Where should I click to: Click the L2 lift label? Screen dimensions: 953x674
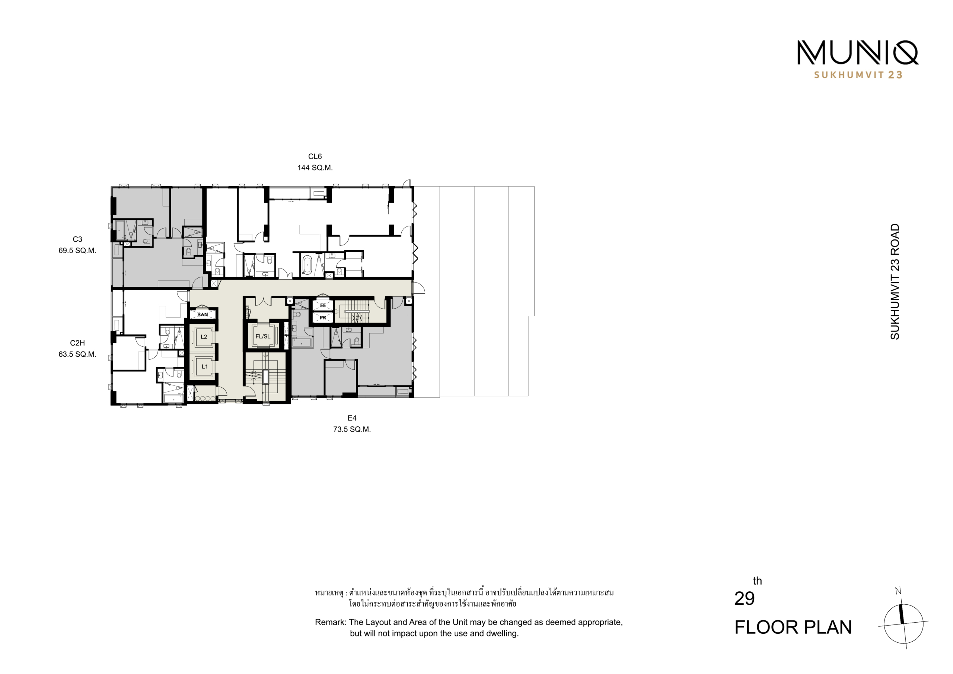pos(204,337)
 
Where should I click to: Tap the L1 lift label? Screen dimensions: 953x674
pos(205,367)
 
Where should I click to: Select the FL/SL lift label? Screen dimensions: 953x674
pos(263,336)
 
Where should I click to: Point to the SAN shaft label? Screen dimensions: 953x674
pos(203,315)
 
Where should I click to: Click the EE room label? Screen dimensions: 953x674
pos(323,306)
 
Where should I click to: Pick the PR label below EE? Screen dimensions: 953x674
pos(323,318)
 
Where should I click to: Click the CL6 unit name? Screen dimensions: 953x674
pos(315,156)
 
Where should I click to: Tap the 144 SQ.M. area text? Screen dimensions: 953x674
pos(315,168)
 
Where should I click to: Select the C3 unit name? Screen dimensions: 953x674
pos(77,239)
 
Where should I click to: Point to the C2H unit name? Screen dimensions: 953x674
pos(77,343)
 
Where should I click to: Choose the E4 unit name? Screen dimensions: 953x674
pos(352,418)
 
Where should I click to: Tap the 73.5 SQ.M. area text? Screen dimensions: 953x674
pos(352,429)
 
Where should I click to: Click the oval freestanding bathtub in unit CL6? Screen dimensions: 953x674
pos(307,265)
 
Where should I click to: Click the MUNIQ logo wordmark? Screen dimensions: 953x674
pos(858,53)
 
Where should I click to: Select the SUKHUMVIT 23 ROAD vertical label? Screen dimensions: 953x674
pos(895,282)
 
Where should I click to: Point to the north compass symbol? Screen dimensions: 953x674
pos(903,619)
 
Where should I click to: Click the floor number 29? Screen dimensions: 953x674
pos(744,598)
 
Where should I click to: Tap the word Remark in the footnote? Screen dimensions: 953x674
pos(331,622)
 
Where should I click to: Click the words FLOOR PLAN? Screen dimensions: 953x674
pos(793,627)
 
